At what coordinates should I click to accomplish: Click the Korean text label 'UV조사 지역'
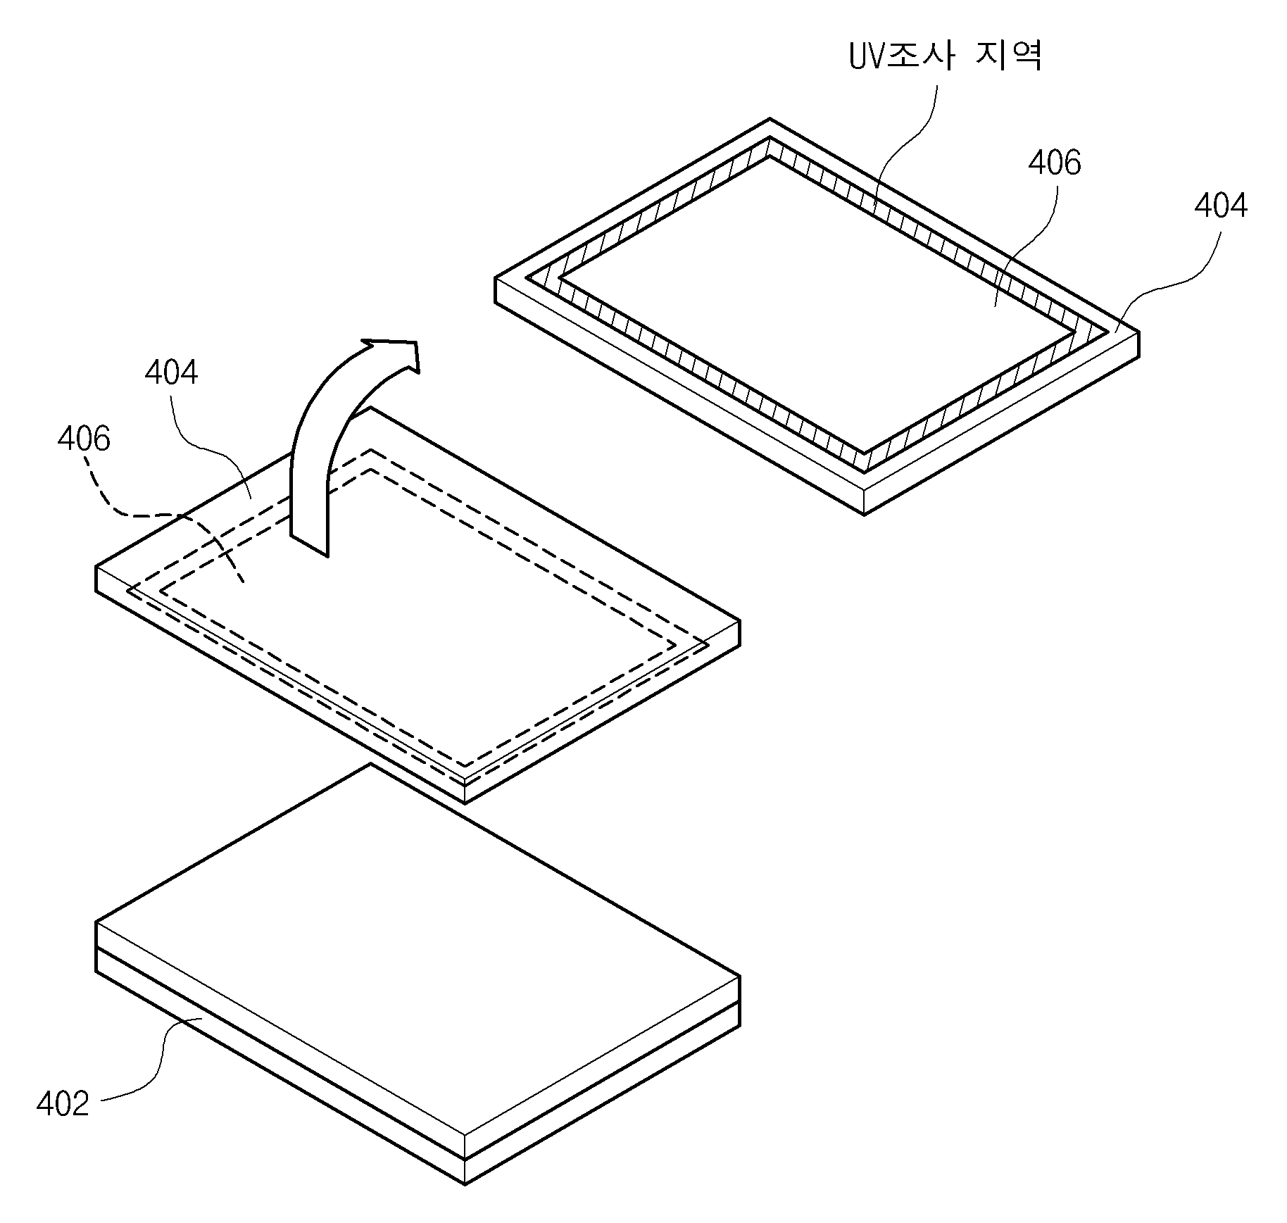945,56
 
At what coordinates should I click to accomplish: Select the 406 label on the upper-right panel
1054,163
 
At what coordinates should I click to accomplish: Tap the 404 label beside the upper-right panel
1221,206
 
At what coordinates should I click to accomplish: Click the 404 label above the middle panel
171,372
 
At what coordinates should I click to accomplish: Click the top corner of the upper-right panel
770,118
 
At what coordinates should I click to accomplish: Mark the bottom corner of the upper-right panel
865,515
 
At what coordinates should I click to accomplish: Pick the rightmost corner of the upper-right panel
1138,333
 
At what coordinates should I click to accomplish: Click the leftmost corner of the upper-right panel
496,278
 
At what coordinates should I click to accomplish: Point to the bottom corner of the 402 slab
465,1185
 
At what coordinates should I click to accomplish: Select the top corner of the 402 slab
371,764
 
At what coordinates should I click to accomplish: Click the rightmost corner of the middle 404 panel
739,622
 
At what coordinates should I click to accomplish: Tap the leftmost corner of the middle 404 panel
96,567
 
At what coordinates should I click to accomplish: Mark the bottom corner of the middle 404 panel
465,803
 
